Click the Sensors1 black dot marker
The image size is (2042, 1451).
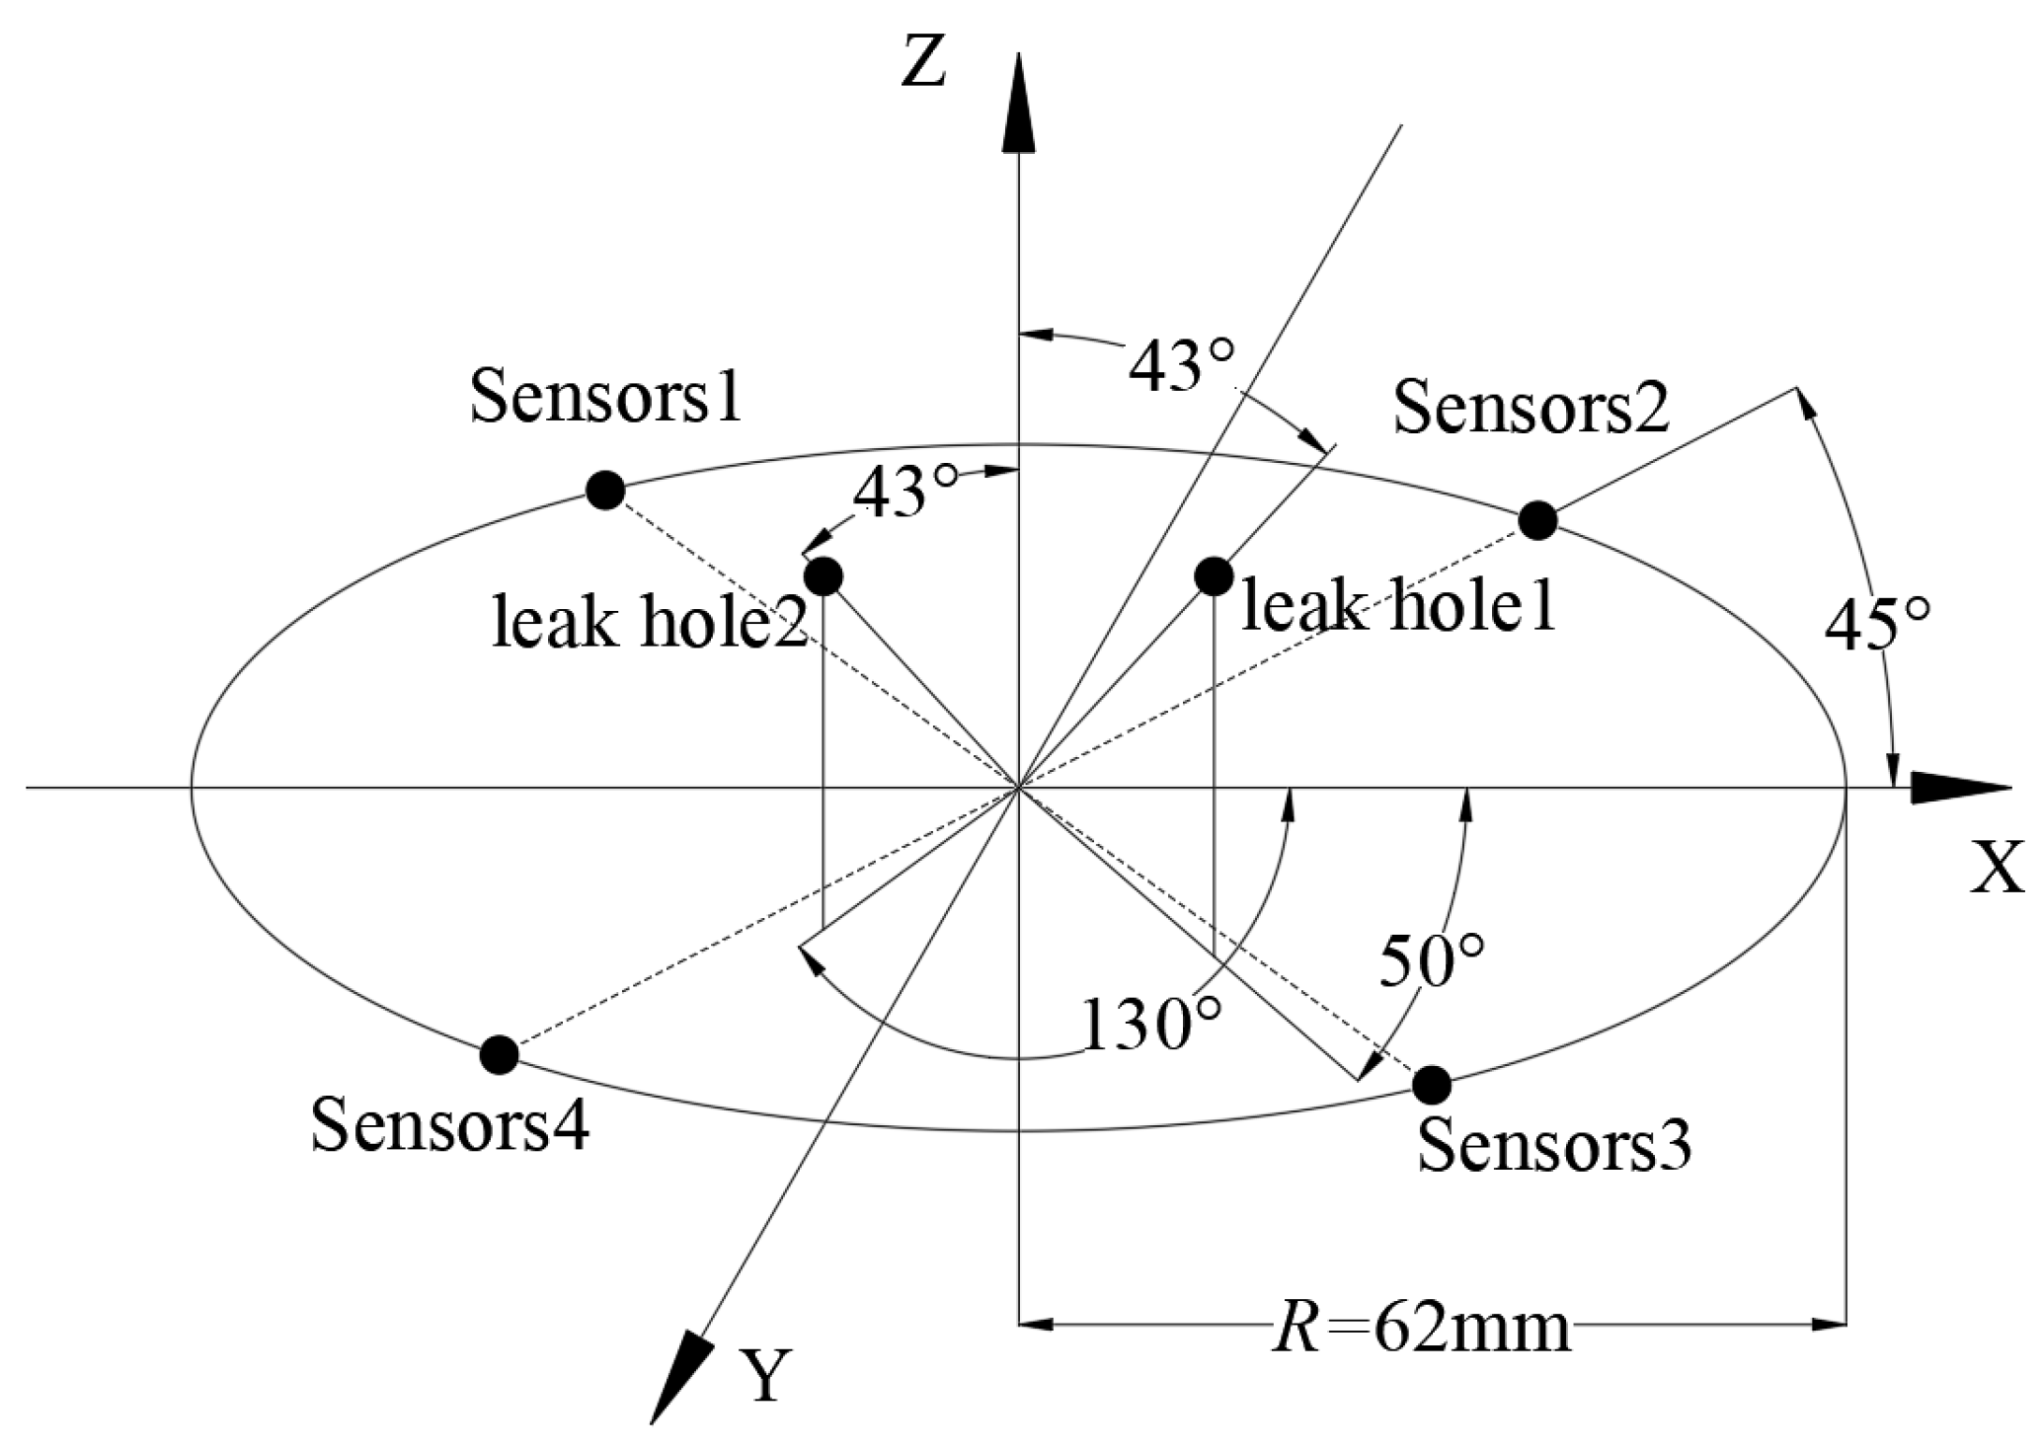click(x=605, y=490)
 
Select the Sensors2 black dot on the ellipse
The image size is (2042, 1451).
click(x=1537, y=519)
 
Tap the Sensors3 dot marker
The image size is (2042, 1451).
click(x=1432, y=1085)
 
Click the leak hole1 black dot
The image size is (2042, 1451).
click(x=1213, y=575)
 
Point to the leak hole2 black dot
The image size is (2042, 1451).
click(x=824, y=575)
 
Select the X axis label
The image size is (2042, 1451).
click(x=1997, y=868)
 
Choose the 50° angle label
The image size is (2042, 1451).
click(x=1431, y=962)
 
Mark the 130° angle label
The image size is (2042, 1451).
click(x=1151, y=1025)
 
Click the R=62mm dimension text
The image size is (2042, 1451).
click(x=1422, y=1329)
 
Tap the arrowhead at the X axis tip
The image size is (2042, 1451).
click(x=1960, y=789)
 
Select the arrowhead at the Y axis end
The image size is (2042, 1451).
click(x=681, y=1378)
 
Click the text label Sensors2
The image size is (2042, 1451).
click(x=1531, y=407)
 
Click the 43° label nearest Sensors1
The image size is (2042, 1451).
click(x=904, y=492)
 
